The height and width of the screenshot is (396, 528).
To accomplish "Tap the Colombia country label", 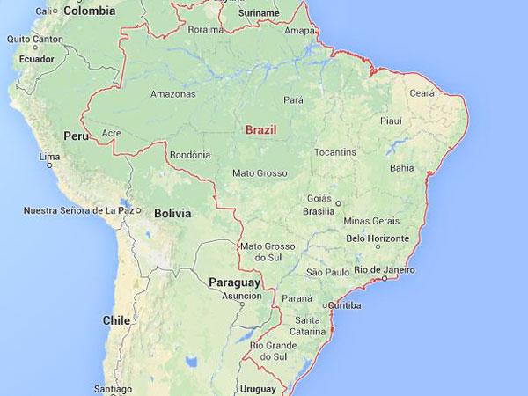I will pos(86,11).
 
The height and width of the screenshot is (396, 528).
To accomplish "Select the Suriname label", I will pos(258,14).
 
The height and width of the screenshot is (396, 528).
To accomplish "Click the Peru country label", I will pos(77,136).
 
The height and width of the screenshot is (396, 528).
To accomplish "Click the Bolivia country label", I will pos(172,214).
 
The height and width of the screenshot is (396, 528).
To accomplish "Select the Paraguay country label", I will pos(235,282).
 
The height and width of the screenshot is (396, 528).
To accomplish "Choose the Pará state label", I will pos(293,99).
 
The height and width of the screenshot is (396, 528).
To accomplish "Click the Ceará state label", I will pos(422,92).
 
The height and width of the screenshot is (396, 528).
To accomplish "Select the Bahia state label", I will pos(400,166).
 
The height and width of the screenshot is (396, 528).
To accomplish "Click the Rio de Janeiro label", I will pos(384,269).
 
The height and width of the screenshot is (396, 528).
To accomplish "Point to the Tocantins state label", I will pos(335,152).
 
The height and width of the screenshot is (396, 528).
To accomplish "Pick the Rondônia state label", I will pos(188,156).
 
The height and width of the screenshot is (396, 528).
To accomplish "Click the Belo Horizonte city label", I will pos(380,238).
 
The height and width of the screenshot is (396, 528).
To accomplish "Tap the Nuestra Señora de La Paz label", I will pos(79,211).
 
